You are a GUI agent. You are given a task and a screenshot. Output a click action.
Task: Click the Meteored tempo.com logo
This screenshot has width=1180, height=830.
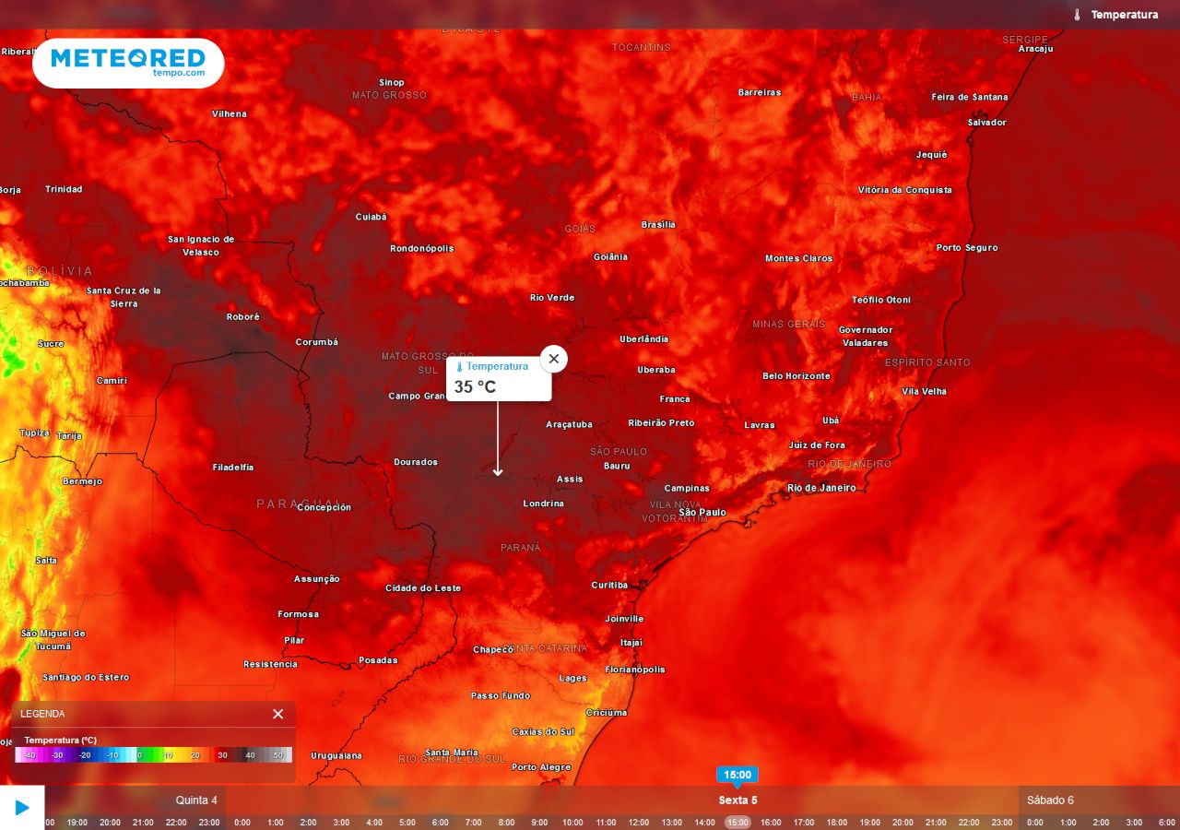128,63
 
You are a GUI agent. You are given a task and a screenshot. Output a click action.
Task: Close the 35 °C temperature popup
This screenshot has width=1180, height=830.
553,359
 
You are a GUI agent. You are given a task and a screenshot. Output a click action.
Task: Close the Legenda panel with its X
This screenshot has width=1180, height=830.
278,714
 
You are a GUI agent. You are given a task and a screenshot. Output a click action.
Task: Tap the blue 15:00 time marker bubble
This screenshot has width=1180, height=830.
737,775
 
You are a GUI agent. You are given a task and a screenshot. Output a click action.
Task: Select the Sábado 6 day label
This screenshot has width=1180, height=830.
1050,800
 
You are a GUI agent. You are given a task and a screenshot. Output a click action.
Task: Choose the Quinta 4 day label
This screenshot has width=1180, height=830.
196,800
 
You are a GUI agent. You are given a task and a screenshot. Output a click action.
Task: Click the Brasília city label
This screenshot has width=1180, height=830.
658,225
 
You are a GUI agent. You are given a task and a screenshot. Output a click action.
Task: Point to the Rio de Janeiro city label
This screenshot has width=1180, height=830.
820,488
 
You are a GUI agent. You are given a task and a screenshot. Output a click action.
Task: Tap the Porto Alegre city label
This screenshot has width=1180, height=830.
541,767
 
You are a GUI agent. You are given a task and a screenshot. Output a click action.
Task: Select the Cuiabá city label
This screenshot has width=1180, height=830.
371,217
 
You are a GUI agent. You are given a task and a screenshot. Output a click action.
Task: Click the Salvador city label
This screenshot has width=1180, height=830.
986,123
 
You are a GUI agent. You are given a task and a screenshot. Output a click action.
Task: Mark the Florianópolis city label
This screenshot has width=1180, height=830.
634,670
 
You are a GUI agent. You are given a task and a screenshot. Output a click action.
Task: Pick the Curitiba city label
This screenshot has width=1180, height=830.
608,585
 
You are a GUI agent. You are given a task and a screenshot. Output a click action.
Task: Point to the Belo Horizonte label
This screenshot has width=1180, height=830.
796,376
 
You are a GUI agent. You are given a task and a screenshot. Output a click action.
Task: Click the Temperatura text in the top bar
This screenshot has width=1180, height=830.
1124,15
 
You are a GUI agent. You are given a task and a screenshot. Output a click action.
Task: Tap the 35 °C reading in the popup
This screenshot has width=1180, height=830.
475,386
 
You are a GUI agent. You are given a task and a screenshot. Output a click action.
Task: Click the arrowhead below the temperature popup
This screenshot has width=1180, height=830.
498,472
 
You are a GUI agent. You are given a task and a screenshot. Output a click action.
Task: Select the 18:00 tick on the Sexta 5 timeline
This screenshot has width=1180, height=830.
836,822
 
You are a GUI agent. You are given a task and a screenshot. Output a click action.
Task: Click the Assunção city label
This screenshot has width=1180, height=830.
316,579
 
